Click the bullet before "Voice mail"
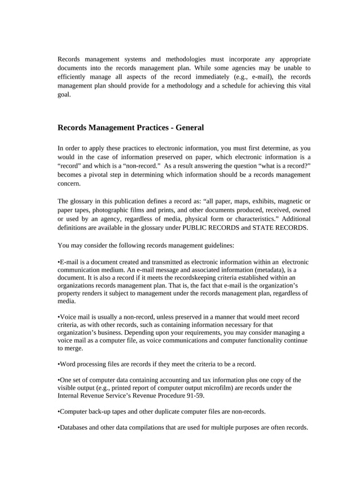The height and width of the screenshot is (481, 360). (59, 317)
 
